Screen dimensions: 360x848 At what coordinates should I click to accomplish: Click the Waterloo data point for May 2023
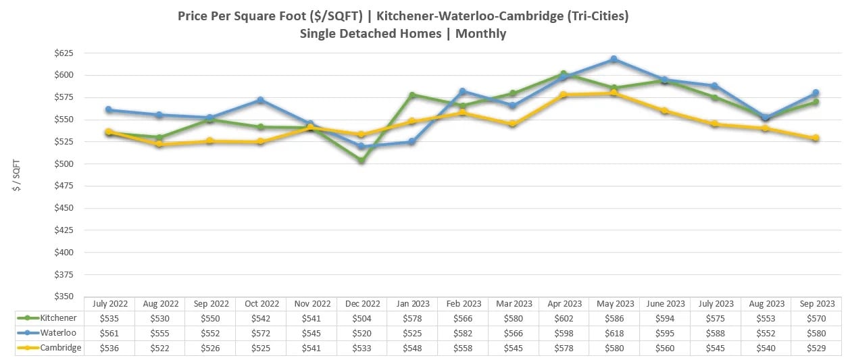point(614,59)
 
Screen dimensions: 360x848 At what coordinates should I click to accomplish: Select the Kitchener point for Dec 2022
point(361,161)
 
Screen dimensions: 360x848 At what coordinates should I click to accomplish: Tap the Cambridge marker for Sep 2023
point(816,138)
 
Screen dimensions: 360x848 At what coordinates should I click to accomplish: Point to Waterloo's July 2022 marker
point(109,109)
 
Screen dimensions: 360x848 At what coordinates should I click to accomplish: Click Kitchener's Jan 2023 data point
point(412,95)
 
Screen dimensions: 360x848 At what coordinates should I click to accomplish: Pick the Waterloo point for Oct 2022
point(260,100)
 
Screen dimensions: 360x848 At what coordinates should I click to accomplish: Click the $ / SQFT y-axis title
point(18,175)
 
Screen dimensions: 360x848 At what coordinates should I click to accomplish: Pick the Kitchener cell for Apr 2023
point(563,318)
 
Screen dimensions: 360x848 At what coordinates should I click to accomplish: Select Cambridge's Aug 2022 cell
point(159,347)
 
